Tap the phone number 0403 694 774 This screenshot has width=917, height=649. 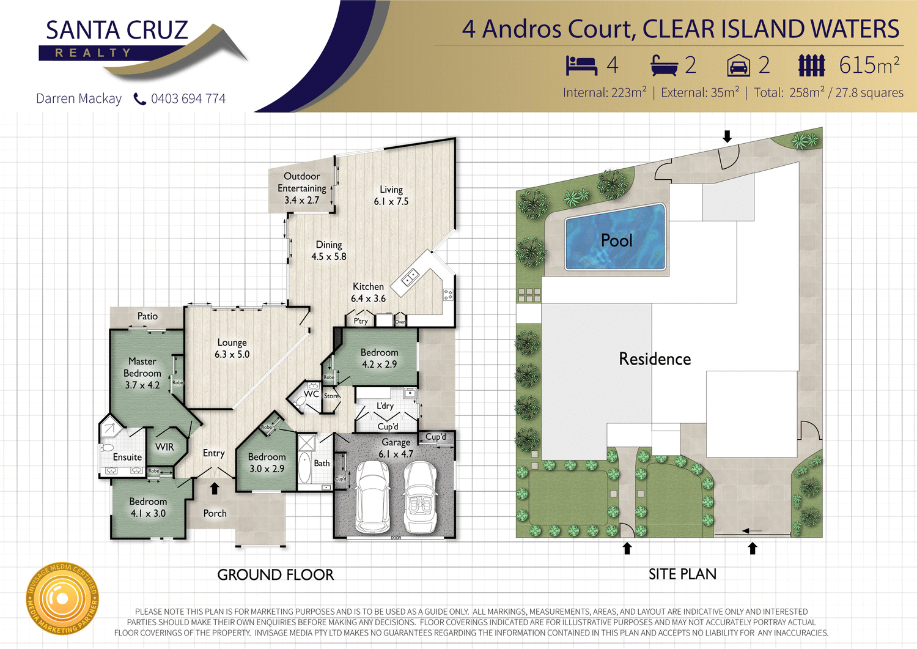pos(188,98)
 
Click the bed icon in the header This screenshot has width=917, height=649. pos(581,65)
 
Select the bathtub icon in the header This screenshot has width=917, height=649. pos(664,65)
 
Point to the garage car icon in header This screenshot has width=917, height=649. pos(738,65)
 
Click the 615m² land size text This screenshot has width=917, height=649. pos(869,65)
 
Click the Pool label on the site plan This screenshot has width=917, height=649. pos(616,240)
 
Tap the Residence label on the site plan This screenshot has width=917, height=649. pos(655,359)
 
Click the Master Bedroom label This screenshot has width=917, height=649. pos(142,373)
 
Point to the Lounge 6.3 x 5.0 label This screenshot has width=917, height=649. pos(232,348)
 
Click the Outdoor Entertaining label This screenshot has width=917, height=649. pos(301,188)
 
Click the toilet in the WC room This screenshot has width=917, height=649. pos(299,401)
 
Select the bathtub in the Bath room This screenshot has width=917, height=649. pos(304,468)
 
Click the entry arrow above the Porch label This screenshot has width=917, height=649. pos(215,488)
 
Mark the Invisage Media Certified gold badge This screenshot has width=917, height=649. pos(62,598)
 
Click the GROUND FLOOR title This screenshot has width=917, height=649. pos(276,575)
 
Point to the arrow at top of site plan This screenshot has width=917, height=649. pos(727,136)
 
